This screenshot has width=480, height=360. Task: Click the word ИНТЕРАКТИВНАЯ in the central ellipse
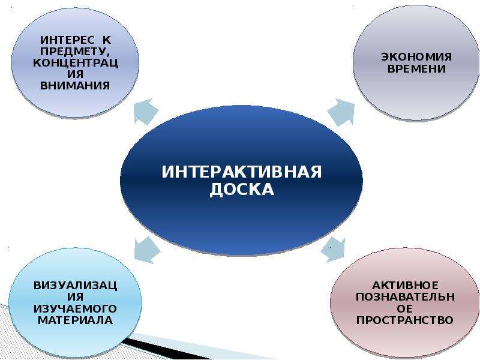pos(242,172)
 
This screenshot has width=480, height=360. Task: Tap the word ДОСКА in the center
pos(242,190)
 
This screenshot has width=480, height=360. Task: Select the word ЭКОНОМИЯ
pos(416,56)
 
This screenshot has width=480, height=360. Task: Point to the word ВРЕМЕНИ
pos(416,68)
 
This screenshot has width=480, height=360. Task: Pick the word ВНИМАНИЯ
pos(75,85)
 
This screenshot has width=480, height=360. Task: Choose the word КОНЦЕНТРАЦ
pos(76,63)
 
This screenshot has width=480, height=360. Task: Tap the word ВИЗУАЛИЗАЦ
pos(76,286)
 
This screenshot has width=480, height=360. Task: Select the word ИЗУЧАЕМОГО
pos(75,308)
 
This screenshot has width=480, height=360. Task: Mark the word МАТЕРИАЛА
pos(76,320)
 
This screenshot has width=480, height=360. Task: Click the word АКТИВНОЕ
pos(405,286)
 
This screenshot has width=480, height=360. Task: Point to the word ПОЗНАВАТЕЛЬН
pos(405,296)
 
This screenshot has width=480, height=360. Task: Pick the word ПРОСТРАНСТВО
pos(404,320)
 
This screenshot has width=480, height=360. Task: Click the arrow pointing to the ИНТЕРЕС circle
pos(146,111)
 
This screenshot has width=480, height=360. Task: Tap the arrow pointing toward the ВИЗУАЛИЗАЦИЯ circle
pos(146,250)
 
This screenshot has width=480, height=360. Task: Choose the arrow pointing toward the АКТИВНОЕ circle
pos(333,250)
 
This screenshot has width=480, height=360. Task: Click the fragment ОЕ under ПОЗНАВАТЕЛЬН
pos(405,308)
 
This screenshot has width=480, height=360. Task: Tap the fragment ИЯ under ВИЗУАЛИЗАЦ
pos(76,297)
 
